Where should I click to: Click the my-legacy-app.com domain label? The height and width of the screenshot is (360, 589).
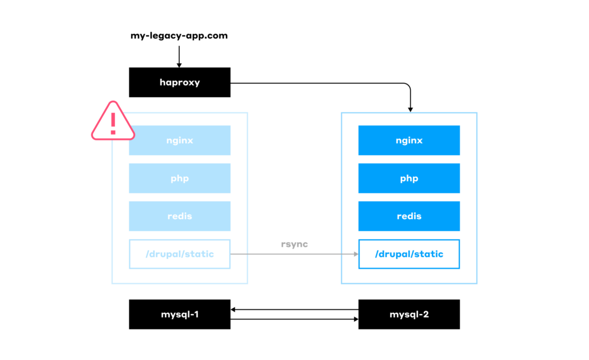tap(179, 36)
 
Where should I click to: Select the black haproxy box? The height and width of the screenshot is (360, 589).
tap(179, 82)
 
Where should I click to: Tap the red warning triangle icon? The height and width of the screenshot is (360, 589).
tap(113, 122)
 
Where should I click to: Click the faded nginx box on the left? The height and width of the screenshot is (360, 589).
tap(179, 140)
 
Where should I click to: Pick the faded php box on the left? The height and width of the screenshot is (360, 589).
tap(179, 178)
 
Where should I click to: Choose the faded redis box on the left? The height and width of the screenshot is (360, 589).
tap(179, 216)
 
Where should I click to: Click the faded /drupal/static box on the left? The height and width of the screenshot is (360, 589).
tap(179, 254)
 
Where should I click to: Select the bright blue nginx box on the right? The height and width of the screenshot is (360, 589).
tap(409, 140)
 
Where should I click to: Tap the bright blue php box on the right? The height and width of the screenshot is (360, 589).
tap(409, 178)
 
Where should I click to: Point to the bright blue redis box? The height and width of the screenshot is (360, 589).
tap(409, 216)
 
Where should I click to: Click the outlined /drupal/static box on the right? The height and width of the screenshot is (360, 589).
tap(409, 254)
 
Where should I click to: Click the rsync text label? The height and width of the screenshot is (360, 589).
tap(294, 244)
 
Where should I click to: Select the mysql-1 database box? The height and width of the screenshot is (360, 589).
tap(179, 314)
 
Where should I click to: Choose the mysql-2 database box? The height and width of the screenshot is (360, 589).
tap(409, 314)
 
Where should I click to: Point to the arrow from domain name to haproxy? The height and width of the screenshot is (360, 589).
tap(179, 56)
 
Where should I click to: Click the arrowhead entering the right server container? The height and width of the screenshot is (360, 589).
tap(410, 109)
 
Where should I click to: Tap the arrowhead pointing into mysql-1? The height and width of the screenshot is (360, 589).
tap(234, 309)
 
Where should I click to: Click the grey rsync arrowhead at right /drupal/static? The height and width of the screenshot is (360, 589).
tap(355, 254)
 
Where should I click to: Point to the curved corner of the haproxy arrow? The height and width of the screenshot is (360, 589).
tap(408, 86)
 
